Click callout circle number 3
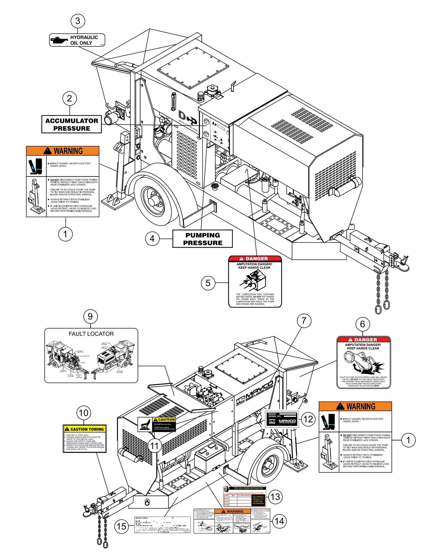78,21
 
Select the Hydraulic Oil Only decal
77,40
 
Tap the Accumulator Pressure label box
71,124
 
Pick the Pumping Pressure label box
202,239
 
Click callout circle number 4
152,239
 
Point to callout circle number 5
208,283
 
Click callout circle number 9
90,316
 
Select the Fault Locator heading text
91,334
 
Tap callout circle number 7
304,321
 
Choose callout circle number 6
363,324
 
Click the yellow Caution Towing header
85,429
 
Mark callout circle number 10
83,413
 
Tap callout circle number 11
154,446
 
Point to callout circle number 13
275,497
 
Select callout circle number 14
279,521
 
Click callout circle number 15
121,526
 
